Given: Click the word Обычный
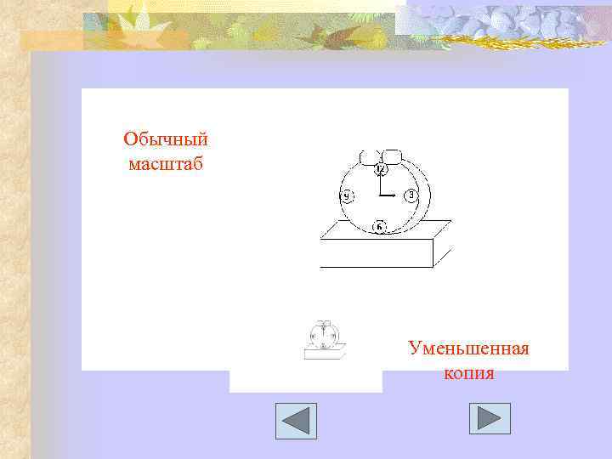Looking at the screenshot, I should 165,139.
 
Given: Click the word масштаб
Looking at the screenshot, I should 166,163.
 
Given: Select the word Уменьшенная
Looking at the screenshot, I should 468,348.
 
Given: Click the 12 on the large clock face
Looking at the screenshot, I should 380,170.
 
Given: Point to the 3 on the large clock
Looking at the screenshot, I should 411,195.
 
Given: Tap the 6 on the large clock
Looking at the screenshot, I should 379,226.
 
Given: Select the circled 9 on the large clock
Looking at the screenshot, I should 347,196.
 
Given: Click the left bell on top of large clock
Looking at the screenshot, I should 369,157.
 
